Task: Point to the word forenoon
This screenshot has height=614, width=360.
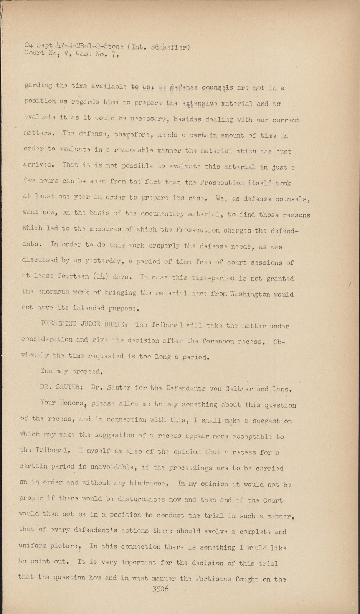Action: coord(220,341)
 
